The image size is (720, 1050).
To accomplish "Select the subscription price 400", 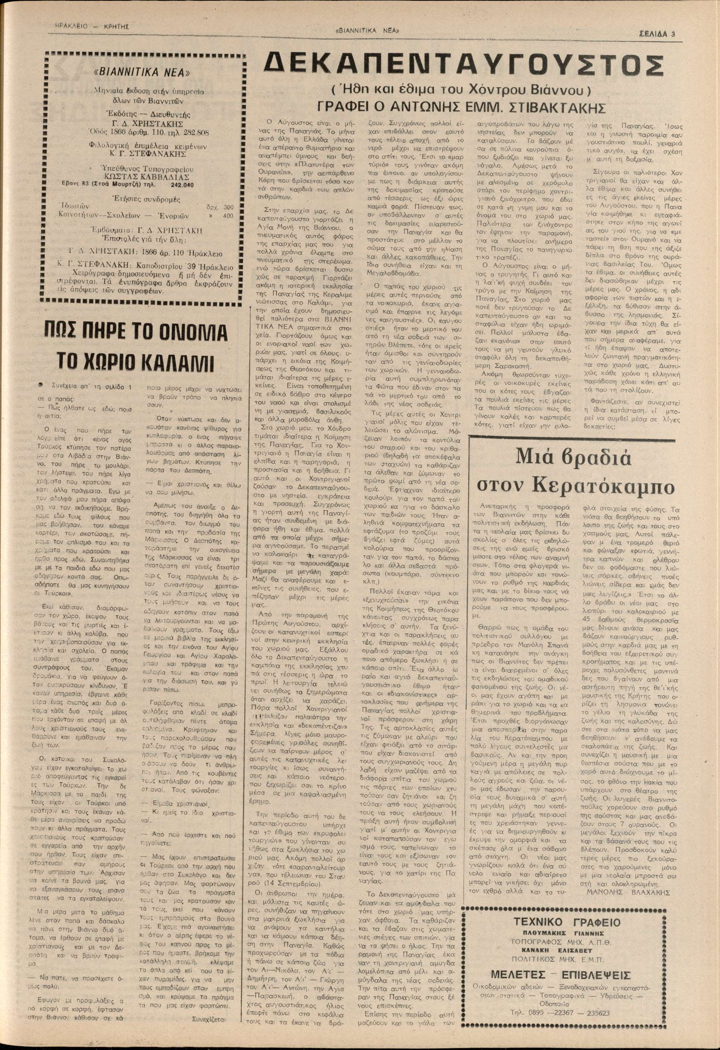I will pos(228,216).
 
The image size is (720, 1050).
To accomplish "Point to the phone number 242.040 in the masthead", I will pos(182,184).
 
